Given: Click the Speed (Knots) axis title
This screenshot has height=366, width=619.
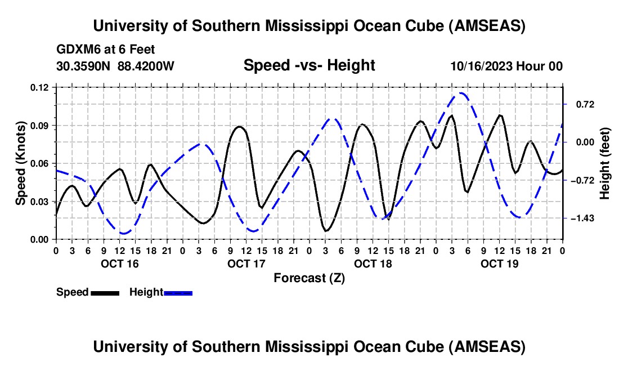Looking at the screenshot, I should coord(21,163).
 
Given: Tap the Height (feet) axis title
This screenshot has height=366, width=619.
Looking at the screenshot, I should coord(605,163).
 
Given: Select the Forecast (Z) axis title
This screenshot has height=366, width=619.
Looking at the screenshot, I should coord(309,278).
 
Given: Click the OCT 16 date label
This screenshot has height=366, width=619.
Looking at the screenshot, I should coord(119,264).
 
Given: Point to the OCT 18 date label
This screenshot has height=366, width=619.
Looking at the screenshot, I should coord(373,264).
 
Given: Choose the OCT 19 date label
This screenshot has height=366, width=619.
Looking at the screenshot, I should coord(499,264).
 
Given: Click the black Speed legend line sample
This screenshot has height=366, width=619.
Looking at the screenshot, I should coord(105,293).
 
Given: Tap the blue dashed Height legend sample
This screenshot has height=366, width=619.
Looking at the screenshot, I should coord(178,293).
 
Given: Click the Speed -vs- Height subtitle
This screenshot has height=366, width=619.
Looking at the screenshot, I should coord(309,65).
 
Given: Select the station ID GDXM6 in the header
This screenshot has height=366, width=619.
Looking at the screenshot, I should coord(78,50).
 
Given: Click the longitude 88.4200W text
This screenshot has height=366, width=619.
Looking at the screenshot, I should coord(146,66).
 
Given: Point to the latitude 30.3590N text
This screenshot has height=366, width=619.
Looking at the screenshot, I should coord(84,66).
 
